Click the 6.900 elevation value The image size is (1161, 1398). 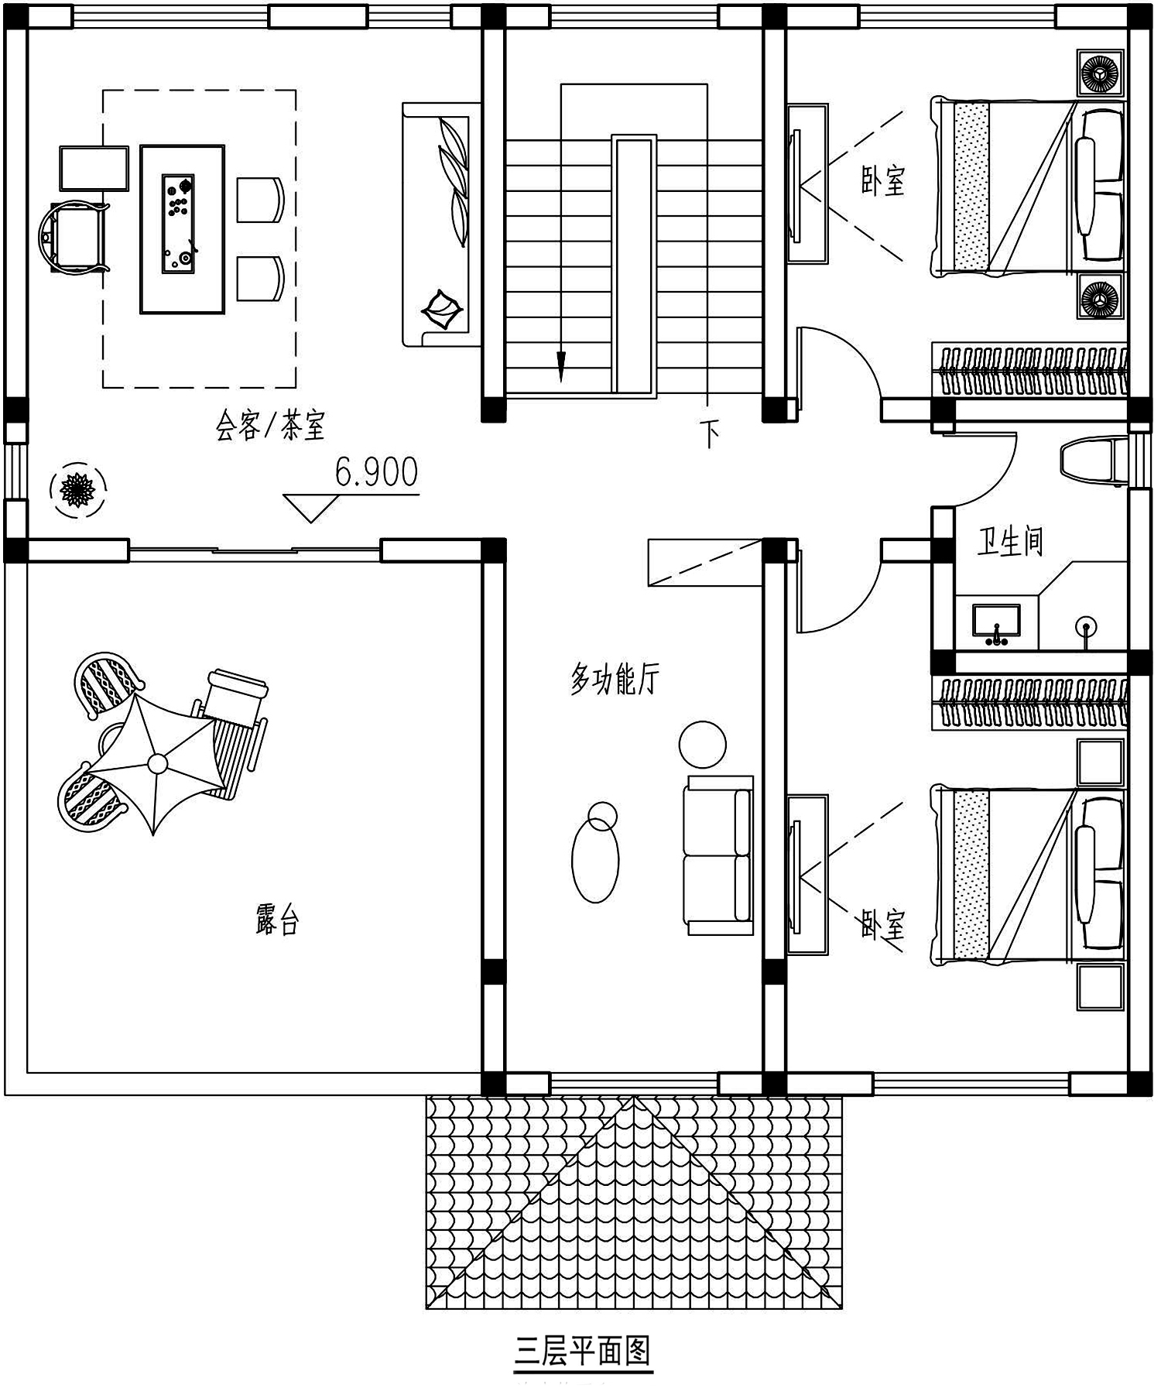(376, 472)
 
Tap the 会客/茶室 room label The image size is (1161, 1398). (270, 425)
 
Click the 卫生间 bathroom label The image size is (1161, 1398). (1009, 541)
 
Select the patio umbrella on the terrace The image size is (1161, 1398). (156, 763)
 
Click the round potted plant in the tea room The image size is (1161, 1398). (77, 488)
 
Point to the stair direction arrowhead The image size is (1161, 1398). (561, 367)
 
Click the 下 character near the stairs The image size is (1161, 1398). (710, 433)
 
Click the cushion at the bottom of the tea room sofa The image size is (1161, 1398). (440, 311)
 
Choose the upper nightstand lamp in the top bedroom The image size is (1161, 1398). (1100, 74)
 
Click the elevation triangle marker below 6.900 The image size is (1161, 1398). (310, 507)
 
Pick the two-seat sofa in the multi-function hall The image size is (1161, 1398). (717, 855)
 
